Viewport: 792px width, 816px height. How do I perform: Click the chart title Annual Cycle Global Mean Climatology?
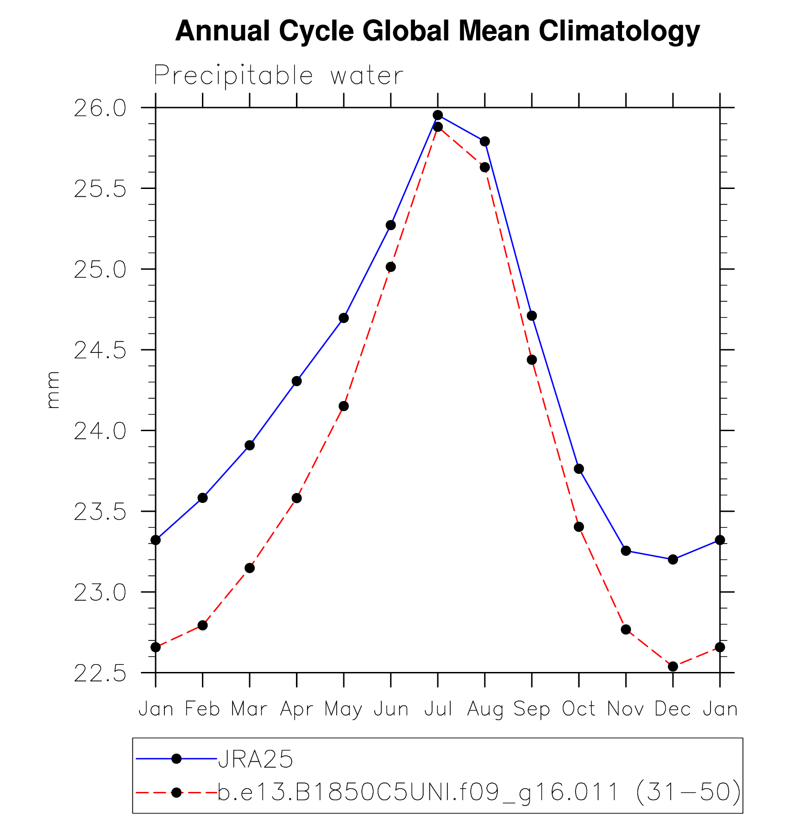pyautogui.click(x=437, y=31)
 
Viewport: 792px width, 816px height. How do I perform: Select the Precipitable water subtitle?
pyautogui.click(x=278, y=75)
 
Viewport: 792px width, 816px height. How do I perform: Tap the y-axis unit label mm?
pyautogui.click(x=53, y=389)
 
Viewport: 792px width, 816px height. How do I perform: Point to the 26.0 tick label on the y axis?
pyautogui.click(x=100, y=109)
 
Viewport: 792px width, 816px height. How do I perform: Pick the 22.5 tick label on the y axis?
pyautogui.click(x=100, y=674)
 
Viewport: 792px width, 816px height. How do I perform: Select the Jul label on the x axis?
pyautogui.click(x=438, y=709)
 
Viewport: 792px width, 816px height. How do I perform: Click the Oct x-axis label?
pyautogui.click(x=578, y=709)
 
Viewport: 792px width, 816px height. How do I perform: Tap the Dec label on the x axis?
pyautogui.click(x=673, y=709)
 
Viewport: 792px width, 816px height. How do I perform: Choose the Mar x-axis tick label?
pyautogui.click(x=249, y=709)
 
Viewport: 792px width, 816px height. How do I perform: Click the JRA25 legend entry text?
pyautogui.click(x=256, y=759)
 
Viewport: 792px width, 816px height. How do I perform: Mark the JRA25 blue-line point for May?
pyautogui.click(x=344, y=318)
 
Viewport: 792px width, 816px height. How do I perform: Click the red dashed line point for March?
pyautogui.click(x=250, y=568)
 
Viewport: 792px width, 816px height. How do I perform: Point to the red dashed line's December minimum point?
pyautogui.click(x=673, y=666)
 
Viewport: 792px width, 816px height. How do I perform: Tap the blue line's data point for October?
pyautogui.click(x=579, y=469)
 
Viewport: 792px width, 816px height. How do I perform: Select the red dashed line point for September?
pyautogui.click(x=532, y=360)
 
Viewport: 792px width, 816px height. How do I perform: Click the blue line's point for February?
pyautogui.click(x=202, y=498)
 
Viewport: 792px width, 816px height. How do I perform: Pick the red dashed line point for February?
pyautogui.click(x=202, y=625)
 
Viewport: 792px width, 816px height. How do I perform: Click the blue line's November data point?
pyautogui.click(x=626, y=551)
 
